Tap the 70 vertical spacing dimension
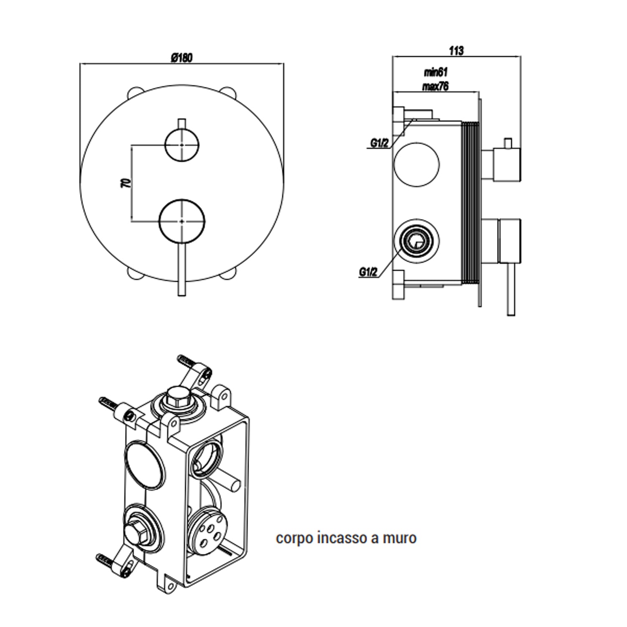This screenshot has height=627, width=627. point(125,182)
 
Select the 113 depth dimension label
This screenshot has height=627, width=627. point(456,51)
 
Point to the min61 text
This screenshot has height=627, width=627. point(436,72)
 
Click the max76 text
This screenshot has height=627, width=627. point(436,87)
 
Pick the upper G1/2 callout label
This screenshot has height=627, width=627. point(379,143)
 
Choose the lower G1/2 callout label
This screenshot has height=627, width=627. point(368,272)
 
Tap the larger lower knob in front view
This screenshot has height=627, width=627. point(182,220)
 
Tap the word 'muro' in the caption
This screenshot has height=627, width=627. point(400,538)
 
